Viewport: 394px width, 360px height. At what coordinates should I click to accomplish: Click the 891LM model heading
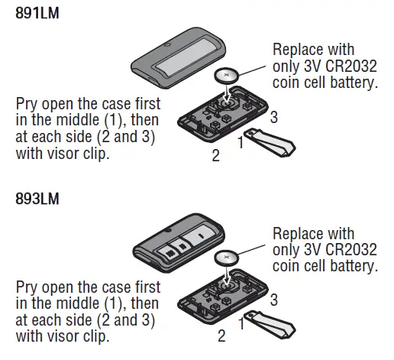pyautogui.click(x=37, y=13)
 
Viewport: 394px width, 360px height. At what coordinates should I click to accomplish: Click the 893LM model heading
pyautogui.click(x=37, y=201)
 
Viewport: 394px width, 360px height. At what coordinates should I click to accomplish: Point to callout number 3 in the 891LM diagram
pyautogui.click(x=273, y=116)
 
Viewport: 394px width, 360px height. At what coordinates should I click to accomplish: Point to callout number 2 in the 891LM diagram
pyautogui.click(x=216, y=156)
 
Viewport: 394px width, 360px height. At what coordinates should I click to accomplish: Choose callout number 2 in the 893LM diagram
pyautogui.click(x=221, y=335)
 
